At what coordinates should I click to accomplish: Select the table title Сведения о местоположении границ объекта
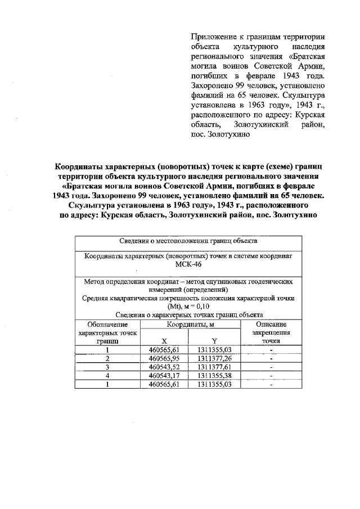click(188, 240)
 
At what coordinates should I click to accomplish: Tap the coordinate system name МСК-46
click(188, 264)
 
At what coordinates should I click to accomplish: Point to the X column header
click(164, 341)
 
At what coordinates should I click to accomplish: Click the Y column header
click(214, 341)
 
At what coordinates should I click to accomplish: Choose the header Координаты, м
click(189, 325)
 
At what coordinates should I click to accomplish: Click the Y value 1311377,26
click(214, 358)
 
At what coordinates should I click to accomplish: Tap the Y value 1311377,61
click(214, 367)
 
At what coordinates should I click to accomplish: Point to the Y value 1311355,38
click(214, 376)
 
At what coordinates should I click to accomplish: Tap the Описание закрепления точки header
click(271, 333)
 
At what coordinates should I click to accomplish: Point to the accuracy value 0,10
click(201, 307)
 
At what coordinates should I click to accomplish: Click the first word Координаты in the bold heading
click(83, 167)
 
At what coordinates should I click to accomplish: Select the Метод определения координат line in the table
click(188, 281)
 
